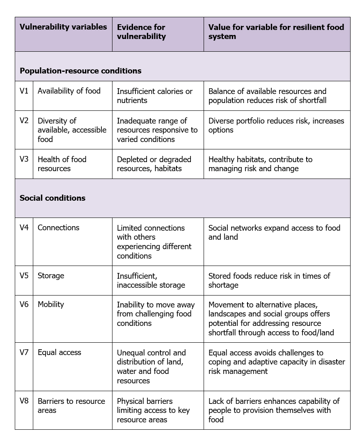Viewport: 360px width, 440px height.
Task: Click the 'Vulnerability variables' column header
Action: [x=63, y=27]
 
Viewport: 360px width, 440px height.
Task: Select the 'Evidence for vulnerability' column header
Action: [x=141, y=32]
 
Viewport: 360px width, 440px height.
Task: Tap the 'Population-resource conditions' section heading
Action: [x=80, y=71]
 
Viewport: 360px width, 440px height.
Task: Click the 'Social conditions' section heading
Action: [x=53, y=198]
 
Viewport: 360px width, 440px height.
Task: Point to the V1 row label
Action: [x=24, y=91]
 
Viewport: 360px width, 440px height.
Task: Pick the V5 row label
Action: [x=24, y=275]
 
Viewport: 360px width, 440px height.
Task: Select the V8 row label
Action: [x=24, y=401]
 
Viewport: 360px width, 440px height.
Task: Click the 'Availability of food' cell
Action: [x=69, y=91]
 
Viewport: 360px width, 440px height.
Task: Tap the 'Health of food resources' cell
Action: [x=62, y=164]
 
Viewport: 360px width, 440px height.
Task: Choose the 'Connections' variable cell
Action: [x=59, y=227]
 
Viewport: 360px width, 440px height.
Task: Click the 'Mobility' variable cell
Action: [x=51, y=304]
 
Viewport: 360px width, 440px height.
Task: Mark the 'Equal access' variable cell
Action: [x=60, y=352]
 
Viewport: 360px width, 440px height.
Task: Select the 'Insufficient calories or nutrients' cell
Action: [x=154, y=96]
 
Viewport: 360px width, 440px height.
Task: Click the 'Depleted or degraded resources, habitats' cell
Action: [x=154, y=164]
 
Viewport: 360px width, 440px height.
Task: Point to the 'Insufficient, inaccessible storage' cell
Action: [x=151, y=280]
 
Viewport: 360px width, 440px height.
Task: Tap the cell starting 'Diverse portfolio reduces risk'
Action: [x=276, y=125]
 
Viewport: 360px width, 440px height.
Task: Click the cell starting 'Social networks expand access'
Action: [x=274, y=232]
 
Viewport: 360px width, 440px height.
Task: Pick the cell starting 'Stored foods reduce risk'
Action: [x=269, y=280]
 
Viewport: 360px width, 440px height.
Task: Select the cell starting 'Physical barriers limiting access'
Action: [x=153, y=410]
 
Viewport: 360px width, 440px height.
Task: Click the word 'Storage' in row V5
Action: [x=51, y=275]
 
